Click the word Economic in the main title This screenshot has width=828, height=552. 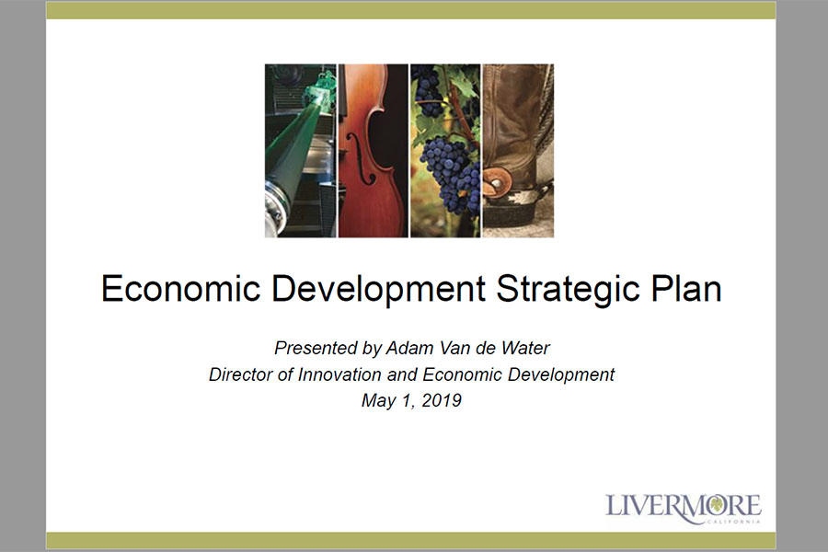[180, 288]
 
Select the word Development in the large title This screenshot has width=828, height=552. [378, 290]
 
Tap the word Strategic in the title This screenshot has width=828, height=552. [569, 290]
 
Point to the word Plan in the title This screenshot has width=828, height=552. [686, 288]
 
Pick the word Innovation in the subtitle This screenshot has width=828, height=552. [339, 374]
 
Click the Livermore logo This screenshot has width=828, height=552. [683, 508]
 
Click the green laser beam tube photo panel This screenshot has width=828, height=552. [300, 151]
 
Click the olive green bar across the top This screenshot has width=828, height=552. [411, 10]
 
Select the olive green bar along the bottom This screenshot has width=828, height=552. [411, 541]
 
